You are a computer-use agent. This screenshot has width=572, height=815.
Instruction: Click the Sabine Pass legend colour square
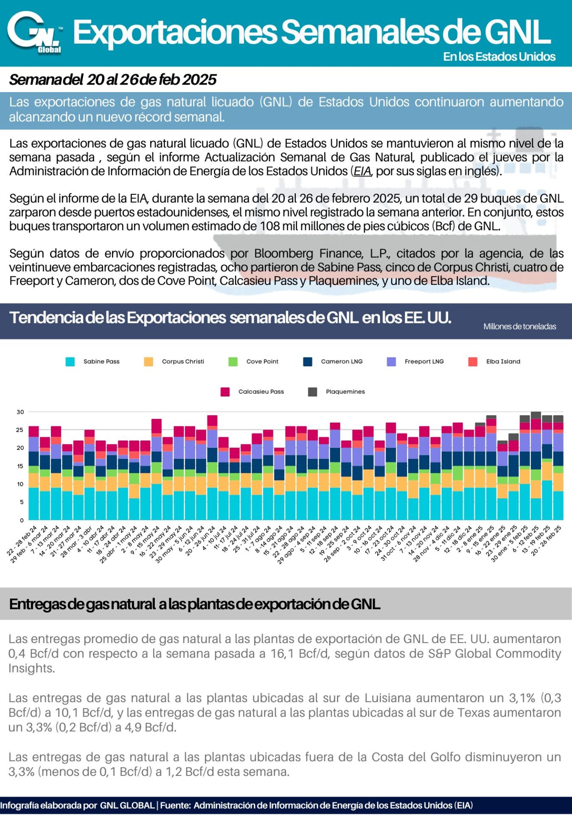[x=70, y=362]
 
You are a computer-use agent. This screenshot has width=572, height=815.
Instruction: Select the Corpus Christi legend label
[x=183, y=362]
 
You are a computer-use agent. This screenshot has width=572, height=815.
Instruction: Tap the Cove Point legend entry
[x=253, y=362]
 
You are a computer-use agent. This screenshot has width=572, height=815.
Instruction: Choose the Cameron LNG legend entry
[x=333, y=362]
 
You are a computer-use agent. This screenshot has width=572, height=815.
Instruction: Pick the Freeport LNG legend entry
[x=415, y=362]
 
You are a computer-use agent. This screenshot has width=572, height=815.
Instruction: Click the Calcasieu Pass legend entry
[x=252, y=392]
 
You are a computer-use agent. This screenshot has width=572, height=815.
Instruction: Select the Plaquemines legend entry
[x=336, y=392]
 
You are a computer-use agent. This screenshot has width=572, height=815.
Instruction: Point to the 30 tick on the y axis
[x=20, y=412]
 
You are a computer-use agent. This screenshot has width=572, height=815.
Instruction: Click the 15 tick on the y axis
[x=20, y=466]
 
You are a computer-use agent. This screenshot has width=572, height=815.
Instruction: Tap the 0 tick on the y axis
[x=22, y=520]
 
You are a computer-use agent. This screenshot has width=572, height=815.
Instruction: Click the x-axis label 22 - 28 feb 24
[x=22, y=540]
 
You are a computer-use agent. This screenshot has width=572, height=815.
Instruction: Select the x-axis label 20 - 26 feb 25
[x=547, y=540]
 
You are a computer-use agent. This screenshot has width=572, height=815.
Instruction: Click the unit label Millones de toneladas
[x=520, y=326]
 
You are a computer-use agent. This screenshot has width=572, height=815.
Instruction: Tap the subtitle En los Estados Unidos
[x=499, y=57]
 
